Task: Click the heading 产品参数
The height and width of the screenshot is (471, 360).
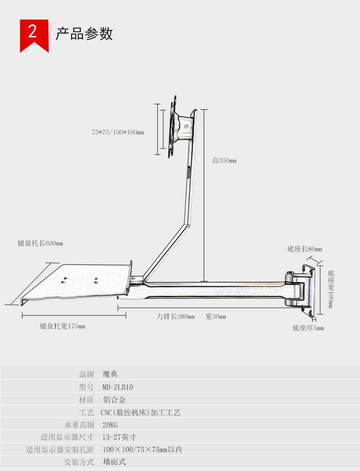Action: click(84, 34)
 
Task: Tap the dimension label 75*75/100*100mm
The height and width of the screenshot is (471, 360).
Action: click(118, 133)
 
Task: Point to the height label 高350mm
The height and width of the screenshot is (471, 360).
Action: click(224, 160)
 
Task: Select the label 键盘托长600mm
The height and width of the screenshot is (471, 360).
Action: click(40, 243)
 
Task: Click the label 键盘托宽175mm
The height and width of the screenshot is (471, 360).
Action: click(62, 326)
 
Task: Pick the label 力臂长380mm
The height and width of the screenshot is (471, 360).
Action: click(175, 317)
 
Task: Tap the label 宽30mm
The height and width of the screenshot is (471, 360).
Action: click(216, 317)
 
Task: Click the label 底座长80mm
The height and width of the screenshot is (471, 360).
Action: click(304, 249)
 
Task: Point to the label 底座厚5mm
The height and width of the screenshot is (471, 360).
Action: click(308, 328)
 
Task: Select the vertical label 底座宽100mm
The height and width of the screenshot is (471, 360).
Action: click(331, 289)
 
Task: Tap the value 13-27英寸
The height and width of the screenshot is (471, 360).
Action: click(119, 437)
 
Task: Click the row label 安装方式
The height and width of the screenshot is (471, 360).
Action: click(79, 462)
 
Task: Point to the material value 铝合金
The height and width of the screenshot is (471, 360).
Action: click(114, 400)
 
